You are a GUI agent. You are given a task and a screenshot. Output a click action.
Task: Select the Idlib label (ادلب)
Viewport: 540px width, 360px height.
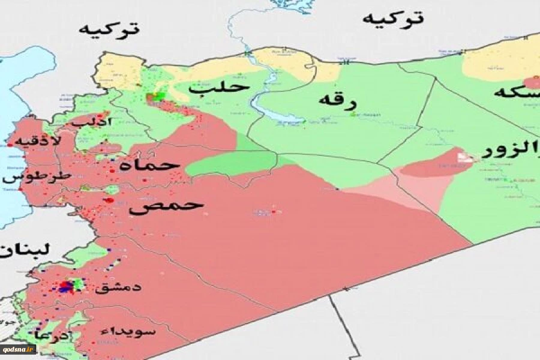[x=91, y=121]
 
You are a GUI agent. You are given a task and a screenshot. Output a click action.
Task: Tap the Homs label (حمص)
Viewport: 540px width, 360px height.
[x=166, y=206]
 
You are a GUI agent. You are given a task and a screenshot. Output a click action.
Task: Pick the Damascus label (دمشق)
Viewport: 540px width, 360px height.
[x=118, y=287]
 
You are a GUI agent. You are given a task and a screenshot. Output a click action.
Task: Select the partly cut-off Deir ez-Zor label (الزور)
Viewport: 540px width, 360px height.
[x=512, y=151]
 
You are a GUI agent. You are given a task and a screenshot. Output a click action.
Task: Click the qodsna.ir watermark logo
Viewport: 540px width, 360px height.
[x=19, y=348]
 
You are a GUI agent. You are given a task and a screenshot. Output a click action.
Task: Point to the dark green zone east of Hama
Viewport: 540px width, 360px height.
[x=231, y=163]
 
